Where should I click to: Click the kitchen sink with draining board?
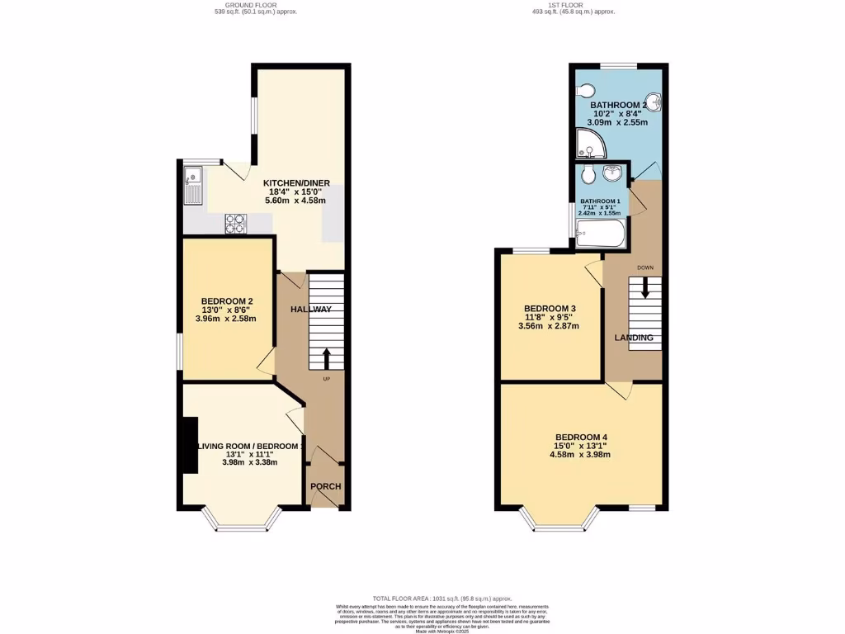(192, 185)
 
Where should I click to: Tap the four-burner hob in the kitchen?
(236, 222)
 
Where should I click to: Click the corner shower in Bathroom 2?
(591, 146)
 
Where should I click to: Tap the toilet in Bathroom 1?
(588, 175)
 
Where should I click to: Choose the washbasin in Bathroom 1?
(613, 173)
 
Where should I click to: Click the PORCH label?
(326, 486)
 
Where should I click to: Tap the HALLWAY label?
(311, 310)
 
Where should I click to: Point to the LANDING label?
(634, 338)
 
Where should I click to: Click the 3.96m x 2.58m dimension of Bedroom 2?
(227, 319)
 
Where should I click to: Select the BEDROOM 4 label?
(581, 437)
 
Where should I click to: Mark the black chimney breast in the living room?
(189, 446)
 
